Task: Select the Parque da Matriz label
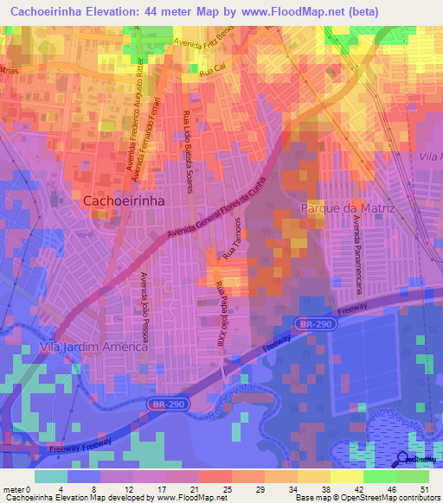tap(347, 208)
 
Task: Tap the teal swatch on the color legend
tap(51, 476)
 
